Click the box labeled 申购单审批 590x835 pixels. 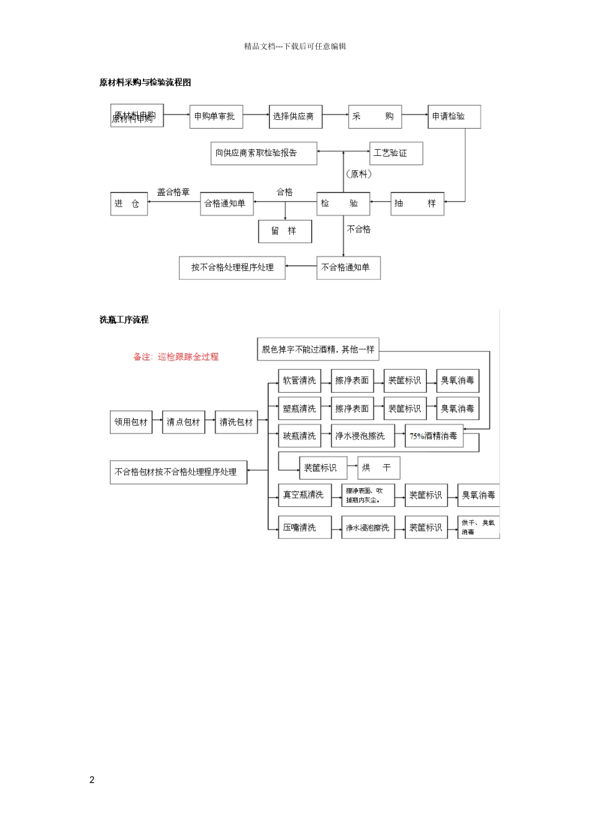coord(216,116)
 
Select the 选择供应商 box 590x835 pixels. coord(295,116)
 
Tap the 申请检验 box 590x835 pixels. coord(454,116)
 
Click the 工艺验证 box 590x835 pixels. coord(396,153)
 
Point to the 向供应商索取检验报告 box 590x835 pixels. coord(263,153)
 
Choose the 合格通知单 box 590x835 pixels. coord(226,203)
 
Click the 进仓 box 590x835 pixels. coord(129,203)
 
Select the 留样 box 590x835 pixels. coord(284,231)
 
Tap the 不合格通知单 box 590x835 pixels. coord(348,268)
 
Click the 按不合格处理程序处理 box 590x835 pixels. coord(232,268)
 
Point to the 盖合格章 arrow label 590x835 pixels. coord(173,193)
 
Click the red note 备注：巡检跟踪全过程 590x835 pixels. coord(176,357)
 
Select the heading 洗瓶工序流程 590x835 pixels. coord(124,320)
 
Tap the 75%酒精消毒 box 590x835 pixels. coord(434,436)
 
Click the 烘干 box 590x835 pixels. coord(378,468)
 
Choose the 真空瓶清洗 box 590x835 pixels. coord(304,495)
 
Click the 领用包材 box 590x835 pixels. coord(131,422)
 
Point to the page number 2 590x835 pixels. coord(92,780)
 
